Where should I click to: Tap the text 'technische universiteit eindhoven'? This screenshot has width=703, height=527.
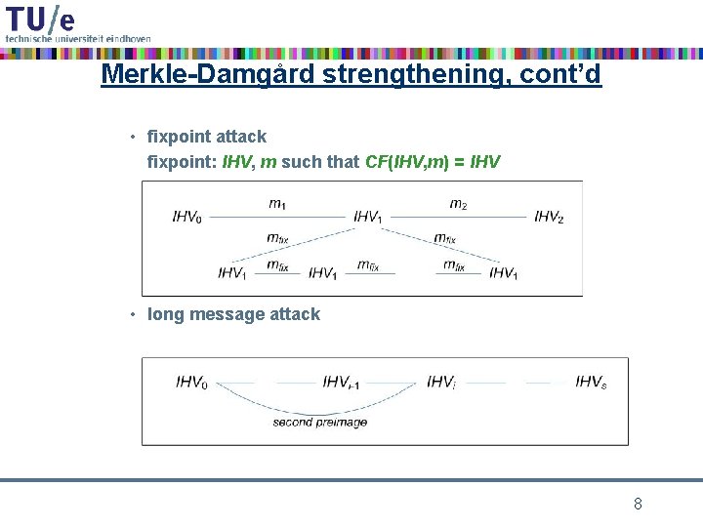tap(78, 38)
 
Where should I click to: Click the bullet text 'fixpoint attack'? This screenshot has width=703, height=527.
tap(206, 137)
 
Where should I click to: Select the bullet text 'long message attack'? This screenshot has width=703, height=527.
tap(233, 314)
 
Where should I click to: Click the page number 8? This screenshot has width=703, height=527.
tap(638, 505)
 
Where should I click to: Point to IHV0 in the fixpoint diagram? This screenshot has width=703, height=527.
tap(188, 217)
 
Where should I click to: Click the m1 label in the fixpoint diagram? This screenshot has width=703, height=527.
tap(277, 204)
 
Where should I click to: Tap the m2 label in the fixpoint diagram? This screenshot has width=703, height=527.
tap(458, 204)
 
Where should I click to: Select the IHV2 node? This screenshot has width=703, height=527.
tap(549, 217)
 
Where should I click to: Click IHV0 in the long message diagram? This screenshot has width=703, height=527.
tap(192, 383)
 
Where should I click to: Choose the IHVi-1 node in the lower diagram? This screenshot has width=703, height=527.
tap(341, 383)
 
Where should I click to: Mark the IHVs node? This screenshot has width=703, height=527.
tap(591, 383)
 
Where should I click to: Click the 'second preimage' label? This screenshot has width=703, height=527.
tap(319, 423)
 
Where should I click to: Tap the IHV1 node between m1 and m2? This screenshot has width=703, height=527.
tap(368, 217)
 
